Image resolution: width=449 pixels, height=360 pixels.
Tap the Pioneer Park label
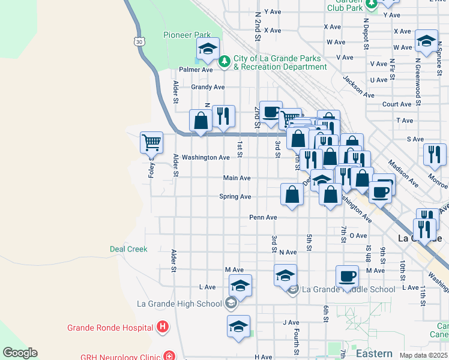coord(186,35)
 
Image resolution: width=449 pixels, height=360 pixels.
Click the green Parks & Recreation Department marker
coord(224,61)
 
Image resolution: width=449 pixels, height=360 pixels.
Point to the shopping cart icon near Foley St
coord(151,143)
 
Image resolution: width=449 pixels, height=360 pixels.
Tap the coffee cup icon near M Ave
coord(347,277)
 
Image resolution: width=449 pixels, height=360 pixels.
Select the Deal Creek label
coord(128,249)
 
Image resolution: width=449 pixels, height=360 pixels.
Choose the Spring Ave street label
coord(235,197)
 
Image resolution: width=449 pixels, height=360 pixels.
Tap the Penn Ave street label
coord(264,217)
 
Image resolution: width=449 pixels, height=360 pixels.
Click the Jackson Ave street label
coord(358,86)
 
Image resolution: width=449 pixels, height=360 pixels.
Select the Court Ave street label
coord(396,104)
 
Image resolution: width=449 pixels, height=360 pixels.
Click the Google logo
coord(20,353)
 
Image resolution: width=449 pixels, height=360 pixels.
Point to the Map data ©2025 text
coord(423,355)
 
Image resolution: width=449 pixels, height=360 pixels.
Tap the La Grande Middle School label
coord(348,289)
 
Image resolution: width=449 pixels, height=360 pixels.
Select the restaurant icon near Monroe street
coord(435,155)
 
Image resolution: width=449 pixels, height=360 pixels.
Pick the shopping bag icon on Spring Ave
coord(292,195)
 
